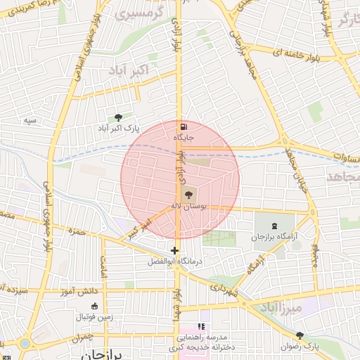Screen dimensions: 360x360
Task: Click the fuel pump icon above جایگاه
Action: [x=184, y=127]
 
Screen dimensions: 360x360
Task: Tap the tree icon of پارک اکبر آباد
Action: [x=117, y=117]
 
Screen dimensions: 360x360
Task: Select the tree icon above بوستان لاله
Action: [x=188, y=194]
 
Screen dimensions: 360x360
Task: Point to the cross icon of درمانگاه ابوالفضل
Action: [x=174, y=250]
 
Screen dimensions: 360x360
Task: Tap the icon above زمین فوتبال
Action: [x=95, y=306]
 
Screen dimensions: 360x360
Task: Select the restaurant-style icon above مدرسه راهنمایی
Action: [x=201, y=327]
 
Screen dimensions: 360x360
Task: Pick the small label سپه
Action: [x=30, y=121]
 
